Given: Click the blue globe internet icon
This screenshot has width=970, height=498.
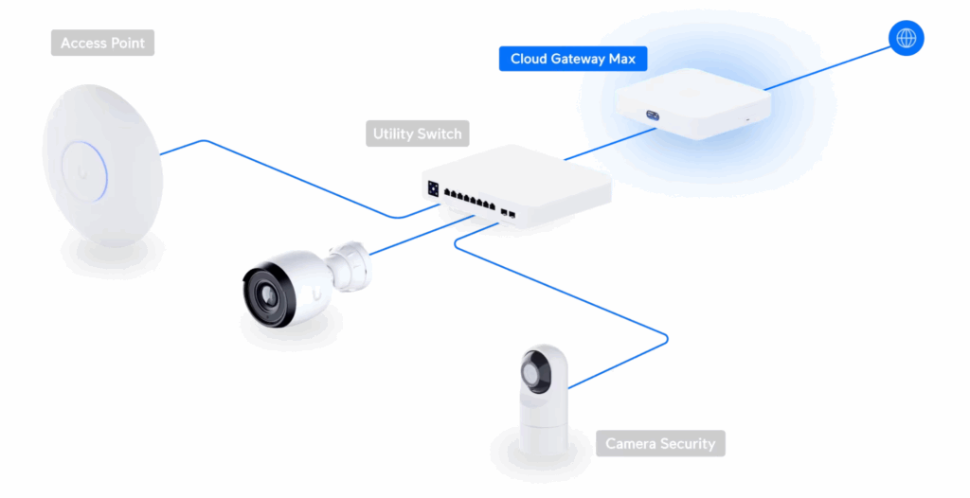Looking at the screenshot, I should [906, 38].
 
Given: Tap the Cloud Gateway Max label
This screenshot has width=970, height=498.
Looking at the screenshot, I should [573, 59].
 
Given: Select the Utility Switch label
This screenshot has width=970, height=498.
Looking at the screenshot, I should [417, 133].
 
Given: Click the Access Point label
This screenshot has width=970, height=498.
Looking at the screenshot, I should [102, 43].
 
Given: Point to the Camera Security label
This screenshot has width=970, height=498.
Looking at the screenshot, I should [660, 443].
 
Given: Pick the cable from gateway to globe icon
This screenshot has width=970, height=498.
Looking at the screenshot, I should [824, 65].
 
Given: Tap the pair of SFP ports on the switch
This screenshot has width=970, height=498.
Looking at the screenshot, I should [507, 209].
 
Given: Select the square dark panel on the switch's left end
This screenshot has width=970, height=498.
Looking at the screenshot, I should [434, 187].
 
